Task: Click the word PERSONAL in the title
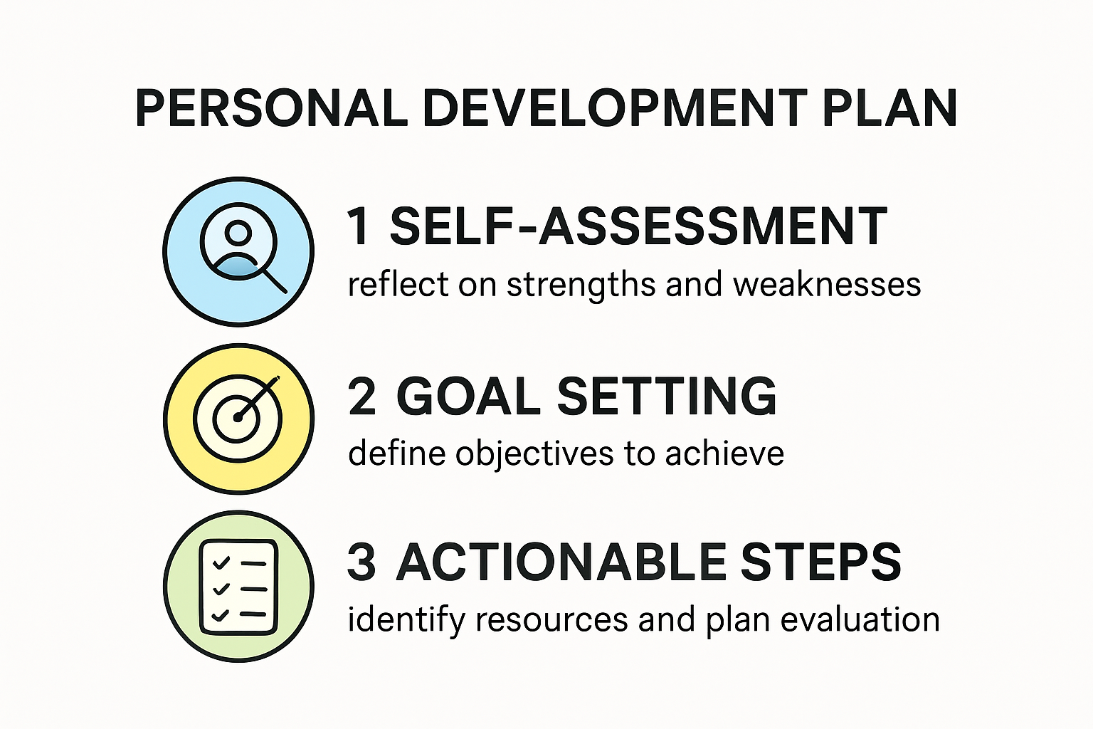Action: pos(272,108)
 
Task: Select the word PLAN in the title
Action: pos(889,108)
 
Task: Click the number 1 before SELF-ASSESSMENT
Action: pos(359,226)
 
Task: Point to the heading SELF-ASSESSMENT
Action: pos(639,226)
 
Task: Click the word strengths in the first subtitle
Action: pos(581,285)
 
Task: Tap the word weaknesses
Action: pos(827,285)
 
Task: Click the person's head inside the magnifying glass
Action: pos(238,232)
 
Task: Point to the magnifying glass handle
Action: pos(275,281)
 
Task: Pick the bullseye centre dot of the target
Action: pos(238,417)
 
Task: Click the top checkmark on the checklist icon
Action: pos(221,562)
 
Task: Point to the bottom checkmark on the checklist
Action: pos(221,615)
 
